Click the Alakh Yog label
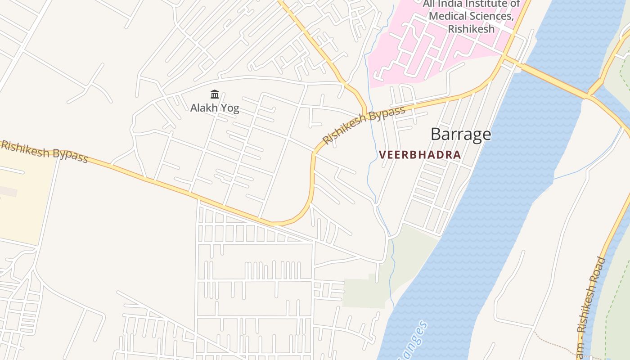tap(215, 108)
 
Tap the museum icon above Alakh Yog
tap(215, 94)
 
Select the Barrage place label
tap(460, 134)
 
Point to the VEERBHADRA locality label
tap(420, 155)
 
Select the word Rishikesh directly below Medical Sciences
tap(471, 29)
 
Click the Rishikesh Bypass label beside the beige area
tap(44, 151)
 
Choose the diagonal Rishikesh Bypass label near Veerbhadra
tap(364, 125)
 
